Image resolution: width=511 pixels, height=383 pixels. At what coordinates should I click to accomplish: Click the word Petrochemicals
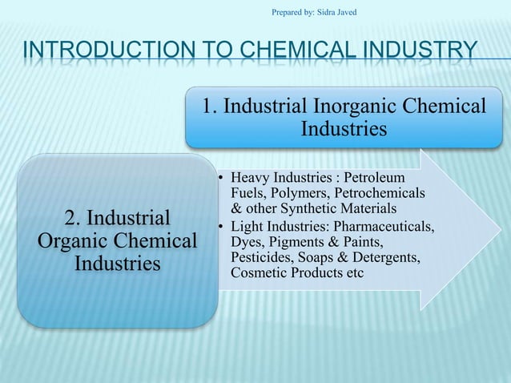[380, 193]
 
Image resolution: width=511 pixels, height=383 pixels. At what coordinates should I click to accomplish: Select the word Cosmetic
[258, 273]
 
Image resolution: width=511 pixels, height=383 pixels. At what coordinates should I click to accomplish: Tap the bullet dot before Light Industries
[220, 226]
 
